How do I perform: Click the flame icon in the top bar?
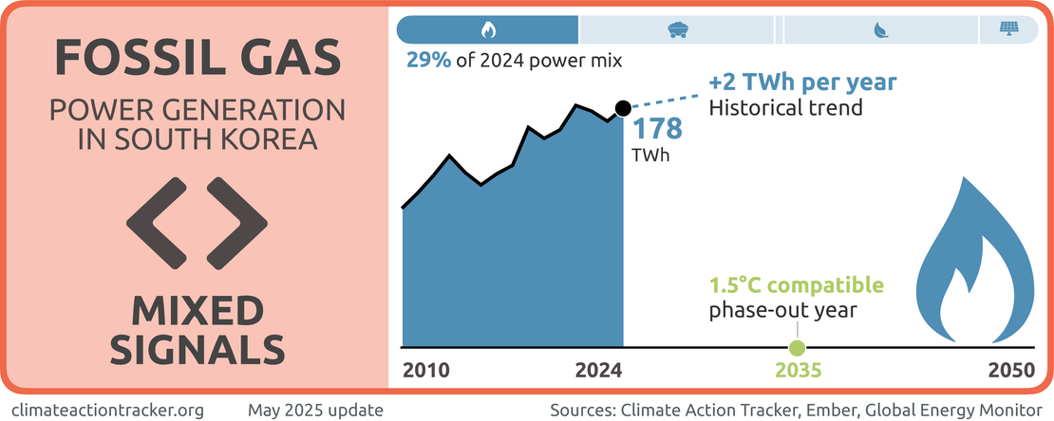click(x=487, y=29)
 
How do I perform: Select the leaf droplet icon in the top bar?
click(x=880, y=29)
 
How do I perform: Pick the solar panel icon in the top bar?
click(x=1007, y=29)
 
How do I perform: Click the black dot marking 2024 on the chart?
click(x=622, y=108)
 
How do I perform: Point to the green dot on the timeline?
click(x=797, y=348)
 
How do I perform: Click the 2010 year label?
click(x=427, y=372)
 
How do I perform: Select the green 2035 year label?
click(x=797, y=372)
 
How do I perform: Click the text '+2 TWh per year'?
click(x=802, y=82)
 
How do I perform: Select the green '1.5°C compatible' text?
click(x=797, y=285)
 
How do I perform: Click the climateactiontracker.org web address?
click(x=111, y=410)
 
